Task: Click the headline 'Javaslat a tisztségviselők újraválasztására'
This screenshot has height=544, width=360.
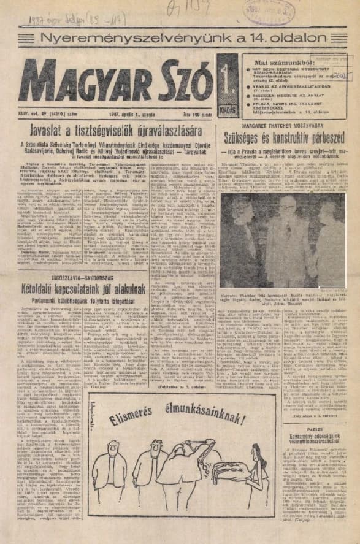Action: [114, 127]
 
